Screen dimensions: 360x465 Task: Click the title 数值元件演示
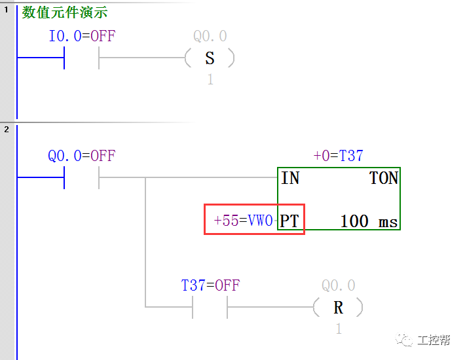pos(65,12)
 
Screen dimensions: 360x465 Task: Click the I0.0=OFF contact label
pos(82,37)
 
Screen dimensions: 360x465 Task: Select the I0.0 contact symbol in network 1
pos(81,58)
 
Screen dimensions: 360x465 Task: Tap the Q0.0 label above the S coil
pos(210,37)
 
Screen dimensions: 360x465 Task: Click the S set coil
pos(210,58)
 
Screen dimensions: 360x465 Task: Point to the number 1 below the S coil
pos(210,80)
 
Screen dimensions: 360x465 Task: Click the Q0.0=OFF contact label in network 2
pos(81,156)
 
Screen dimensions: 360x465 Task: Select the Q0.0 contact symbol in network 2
pos(81,177)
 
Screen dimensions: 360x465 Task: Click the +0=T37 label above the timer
pos(338,156)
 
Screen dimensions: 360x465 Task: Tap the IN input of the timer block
pos(290,178)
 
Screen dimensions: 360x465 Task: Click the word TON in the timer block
pos(384,178)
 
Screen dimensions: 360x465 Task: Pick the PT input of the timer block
pos(290,221)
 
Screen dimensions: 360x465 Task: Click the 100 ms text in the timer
pos(369,221)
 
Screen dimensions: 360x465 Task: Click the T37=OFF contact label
pos(210,285)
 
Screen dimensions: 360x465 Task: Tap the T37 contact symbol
pos(210,306)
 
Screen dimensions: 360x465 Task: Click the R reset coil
pos(338,307)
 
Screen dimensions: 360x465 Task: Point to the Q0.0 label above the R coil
pos(338,285)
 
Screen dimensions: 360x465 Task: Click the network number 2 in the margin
pos(7,129)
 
